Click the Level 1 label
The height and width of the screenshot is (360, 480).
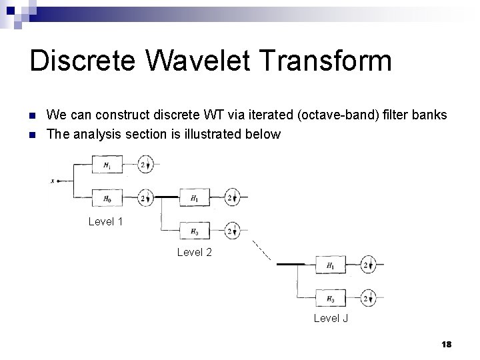pos(105,221)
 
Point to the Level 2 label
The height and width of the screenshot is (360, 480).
pos(194,252)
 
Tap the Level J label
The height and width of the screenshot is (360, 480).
pos(331,318)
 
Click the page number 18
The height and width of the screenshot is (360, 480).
pos(446,344)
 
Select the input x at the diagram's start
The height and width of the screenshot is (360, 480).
pos(53,181)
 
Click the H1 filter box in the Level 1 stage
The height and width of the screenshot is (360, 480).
pos(107,164)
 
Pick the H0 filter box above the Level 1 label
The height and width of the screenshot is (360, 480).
pos(107,197)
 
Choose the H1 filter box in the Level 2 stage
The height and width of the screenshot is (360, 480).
pos(194,198)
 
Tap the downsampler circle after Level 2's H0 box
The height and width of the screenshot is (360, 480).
pos(232,231)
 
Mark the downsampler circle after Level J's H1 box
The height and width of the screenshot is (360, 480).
pos(367,265)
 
